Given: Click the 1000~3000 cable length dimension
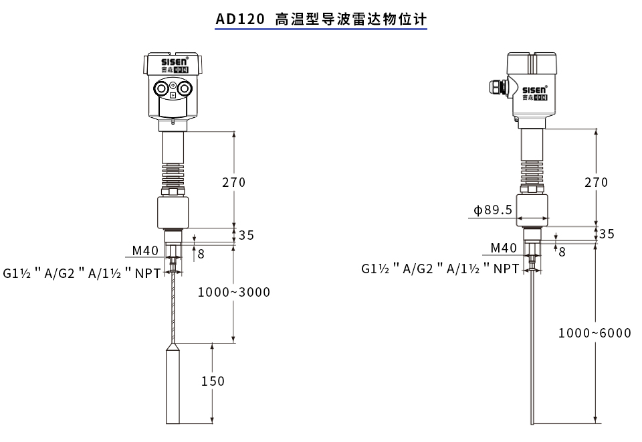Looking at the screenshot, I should click(234, 292).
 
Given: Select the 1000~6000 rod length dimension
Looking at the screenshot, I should click(595, 333).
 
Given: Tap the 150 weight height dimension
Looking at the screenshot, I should click(213, 381).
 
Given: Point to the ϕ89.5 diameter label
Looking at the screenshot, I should click(493, 210).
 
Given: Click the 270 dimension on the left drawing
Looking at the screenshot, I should click(234, 182).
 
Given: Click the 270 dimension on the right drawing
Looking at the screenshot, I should click(596, 182).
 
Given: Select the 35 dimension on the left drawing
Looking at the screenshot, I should click(247, 235).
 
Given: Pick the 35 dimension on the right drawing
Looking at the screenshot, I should click(607, 234).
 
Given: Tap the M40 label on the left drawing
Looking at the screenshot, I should click(145, 250).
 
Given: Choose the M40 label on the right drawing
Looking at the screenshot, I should click(504, 248).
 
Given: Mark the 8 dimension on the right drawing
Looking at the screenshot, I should click(562, 252).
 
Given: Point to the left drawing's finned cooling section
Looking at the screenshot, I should click(173, 174).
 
